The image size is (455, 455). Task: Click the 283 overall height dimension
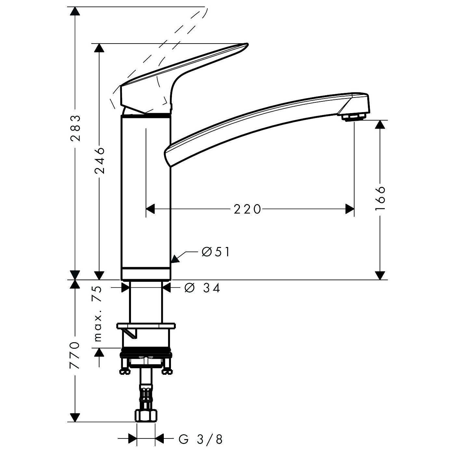tap(75, 128)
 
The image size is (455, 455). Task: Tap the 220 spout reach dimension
tap(247, 209)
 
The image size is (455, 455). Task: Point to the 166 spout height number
tap(380, 198)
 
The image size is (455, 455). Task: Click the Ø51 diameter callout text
tap(215, 252)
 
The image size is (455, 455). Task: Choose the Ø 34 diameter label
tap(202, 288)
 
